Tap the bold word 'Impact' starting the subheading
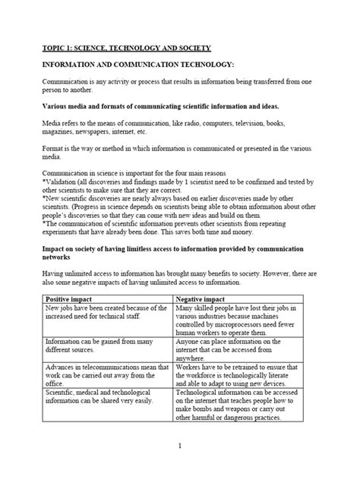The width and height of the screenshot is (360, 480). [x=56, y=249]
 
